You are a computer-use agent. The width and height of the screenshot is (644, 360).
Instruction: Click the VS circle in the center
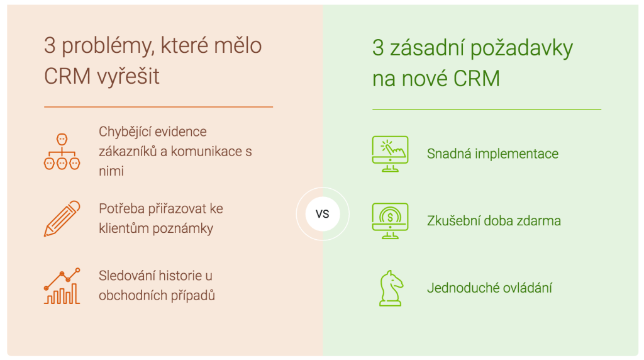[x=323, y=214]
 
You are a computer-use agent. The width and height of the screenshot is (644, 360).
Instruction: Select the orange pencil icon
[x=62, y=218]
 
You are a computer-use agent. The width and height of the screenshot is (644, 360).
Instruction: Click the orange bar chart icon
[x=62, y=286]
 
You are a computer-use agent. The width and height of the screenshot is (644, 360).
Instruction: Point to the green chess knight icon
[x=391, y=288]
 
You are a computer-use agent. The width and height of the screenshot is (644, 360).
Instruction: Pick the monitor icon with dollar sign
[x=390, y=221]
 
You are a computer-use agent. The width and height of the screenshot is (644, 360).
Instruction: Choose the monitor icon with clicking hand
[x=390, y=154]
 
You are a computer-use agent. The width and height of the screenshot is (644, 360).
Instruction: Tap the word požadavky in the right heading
[x=521, y=48]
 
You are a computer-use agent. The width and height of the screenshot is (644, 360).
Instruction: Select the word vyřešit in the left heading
[x=128, y=76]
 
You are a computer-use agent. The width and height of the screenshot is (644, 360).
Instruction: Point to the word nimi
[x=111, y=171]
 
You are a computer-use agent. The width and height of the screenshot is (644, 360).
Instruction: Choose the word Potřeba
[x=121, y=209]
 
